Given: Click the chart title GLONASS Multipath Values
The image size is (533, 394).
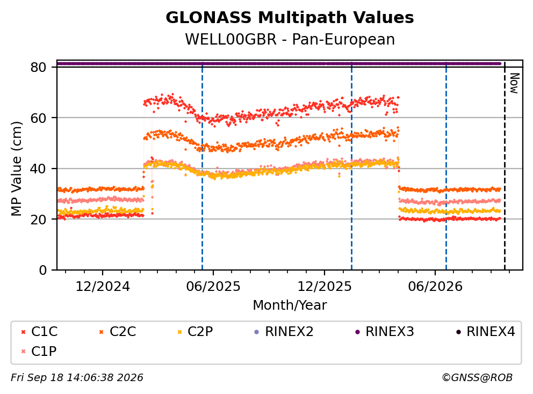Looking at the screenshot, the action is (x=290, y=18).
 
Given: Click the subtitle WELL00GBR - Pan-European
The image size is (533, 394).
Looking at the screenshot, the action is (x=290, y=39).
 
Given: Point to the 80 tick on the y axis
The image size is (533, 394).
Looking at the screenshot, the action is (x=38, y=67).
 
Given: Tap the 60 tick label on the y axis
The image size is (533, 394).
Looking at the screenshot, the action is (x=38, y=118).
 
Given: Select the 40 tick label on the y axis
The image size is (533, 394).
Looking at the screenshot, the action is (x=38, y=169).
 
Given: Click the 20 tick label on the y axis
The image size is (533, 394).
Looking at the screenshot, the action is (x=38, y=219).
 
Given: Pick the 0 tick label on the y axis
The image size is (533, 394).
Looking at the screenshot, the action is (x=43, y=270).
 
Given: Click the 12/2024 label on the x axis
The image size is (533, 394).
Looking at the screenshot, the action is (x=102, y=287).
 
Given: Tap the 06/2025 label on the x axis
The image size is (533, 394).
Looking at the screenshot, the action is (x=213, y=287).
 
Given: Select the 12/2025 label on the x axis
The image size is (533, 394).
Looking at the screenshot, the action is (x=325, y=287).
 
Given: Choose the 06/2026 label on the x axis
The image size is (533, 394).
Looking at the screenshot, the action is (x=435, y=287).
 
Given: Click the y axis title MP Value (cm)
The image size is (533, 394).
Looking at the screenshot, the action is (x=16, y=169).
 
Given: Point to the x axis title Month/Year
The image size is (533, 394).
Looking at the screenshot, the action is (x=290, y=305).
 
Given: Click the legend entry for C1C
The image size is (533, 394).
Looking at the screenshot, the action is (x=39, y=332).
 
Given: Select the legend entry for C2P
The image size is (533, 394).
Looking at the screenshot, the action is (x=195, y=332).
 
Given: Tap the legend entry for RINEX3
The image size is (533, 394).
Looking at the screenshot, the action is (x=385, y=332).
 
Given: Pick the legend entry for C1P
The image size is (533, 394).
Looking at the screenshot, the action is (x=39, y=351).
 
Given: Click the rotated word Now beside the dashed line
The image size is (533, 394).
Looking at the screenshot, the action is (x=515, y=83).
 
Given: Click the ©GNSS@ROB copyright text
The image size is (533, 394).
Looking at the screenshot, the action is (x=477, y=377).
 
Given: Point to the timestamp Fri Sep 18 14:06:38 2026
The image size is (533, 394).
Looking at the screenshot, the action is (x=77, y=377).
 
